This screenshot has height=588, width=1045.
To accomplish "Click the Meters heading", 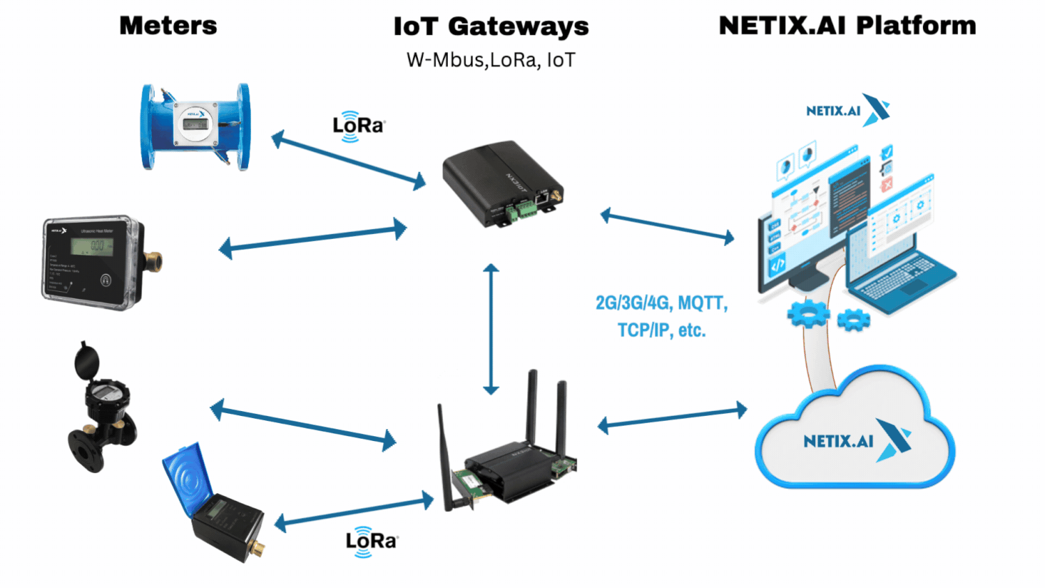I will pyautogui.click(x=168, y=26).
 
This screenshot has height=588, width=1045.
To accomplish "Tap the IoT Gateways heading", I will pyautogui.click(x=491, y=26).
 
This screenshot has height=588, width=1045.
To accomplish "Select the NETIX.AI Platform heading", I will pyautogui.click(x=847, y=26).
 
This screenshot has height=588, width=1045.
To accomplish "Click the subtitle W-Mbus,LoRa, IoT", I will pyautogui.click(x=491, y=60).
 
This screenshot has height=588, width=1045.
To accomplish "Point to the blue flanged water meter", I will pyautogui.click(x=195, y=127).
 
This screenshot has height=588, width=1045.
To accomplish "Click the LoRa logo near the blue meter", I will pyautogui.click(x=358, y=126).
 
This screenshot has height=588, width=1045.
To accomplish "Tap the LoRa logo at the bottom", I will pyautogui.click(x=371, y=541).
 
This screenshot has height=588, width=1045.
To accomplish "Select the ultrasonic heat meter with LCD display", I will pyautogui.click(x=98, y=261).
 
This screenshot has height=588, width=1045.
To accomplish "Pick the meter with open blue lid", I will pyautogui.click(x=212, y=502).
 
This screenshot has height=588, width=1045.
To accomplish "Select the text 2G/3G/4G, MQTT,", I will pyautogui.click(x=661, y=303).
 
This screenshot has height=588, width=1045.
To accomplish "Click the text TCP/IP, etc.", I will pyautogui.click(x=661, y=330).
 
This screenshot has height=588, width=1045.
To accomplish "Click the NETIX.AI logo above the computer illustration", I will pyautogui.click(x=847, y=110).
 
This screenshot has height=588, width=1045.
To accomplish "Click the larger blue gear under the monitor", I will pyautogui.click(x=808, y=314).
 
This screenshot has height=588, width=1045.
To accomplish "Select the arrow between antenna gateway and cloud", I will pyautogui.click(x=672, y=417).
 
